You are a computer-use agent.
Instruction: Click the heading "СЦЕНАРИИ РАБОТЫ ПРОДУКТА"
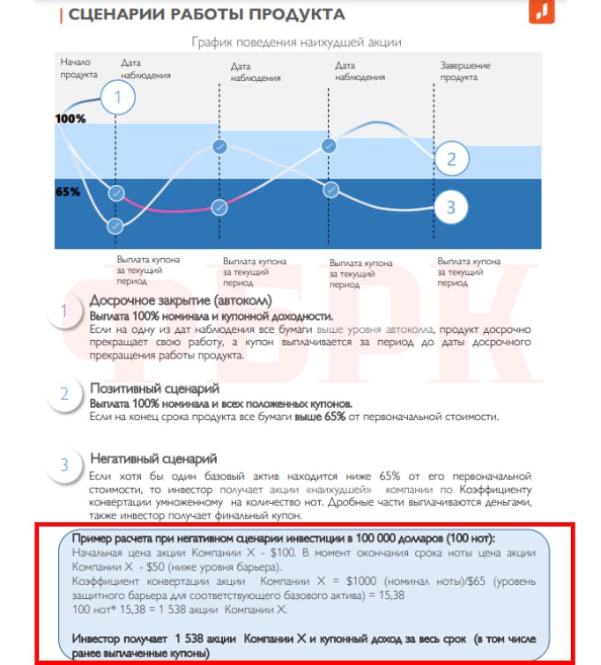tap(206, 15)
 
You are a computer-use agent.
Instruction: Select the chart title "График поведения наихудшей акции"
tap(297, 41)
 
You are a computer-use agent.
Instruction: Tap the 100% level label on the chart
tap(70, 118)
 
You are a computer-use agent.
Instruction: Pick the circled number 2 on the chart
tap(451, 159)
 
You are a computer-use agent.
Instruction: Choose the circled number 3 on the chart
tap(450, 208)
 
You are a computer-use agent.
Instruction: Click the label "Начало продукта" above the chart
tap(77, 68)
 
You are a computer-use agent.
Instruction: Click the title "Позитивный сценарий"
tap(154, 388)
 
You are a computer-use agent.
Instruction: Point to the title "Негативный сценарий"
tap(153, 459)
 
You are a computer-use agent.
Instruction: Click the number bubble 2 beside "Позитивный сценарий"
tap(64, 394)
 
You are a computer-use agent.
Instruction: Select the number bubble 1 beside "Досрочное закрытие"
tap(64, 311)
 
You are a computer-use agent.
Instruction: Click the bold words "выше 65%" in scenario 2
tap(320, 416)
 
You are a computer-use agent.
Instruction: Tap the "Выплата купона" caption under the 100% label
tap(149, 260)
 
